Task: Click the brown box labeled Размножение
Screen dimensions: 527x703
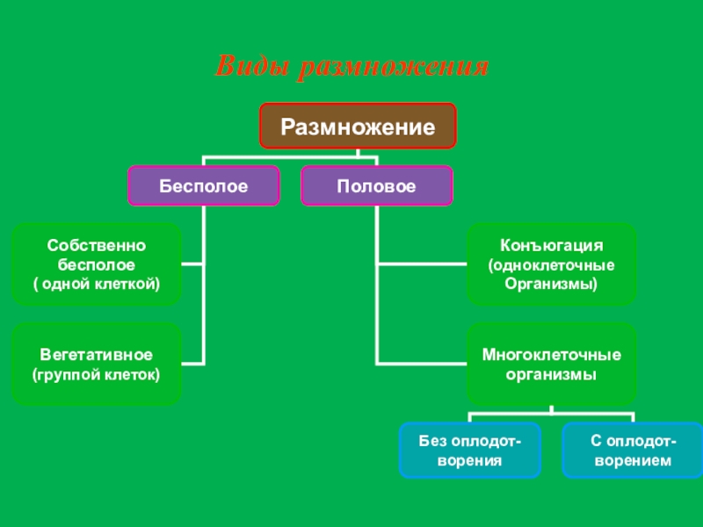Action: [x=358, y=126]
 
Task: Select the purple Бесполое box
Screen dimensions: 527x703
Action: [x=204, y=185]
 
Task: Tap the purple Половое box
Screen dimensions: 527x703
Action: [x=377, y=185]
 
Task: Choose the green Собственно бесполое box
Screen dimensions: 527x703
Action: [x=97, y=263]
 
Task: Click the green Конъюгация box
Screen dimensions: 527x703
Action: [x=551, y=263]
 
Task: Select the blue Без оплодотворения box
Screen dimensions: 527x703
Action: [x=470, y=450]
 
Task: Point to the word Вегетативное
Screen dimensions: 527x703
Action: [x=97, y=355]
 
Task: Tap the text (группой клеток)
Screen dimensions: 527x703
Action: [x=97, y=374]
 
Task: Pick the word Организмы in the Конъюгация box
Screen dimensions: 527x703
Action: [x=551, y=283]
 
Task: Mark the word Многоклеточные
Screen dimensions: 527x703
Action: [x=551, y=355]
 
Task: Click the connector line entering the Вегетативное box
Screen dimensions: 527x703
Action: [x=193, y=363]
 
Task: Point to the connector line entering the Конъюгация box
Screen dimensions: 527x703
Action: [x=421, y=263]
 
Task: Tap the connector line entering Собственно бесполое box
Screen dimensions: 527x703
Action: [x=193, y=263]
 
